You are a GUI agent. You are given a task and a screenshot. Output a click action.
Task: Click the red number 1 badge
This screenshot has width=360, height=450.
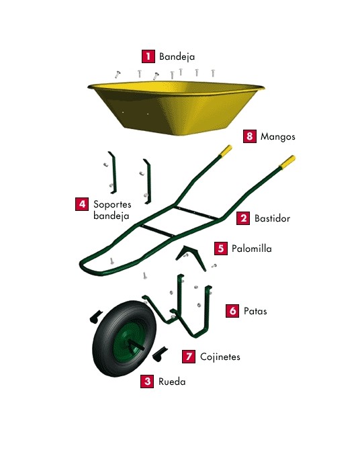147,56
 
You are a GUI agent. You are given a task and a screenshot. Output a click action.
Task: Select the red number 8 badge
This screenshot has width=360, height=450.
249,136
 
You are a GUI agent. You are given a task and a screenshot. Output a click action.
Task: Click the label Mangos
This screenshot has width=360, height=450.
279,136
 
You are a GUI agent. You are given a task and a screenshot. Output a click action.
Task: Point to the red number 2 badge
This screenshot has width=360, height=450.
243,218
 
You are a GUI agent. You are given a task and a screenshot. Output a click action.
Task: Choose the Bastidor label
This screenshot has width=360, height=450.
273,218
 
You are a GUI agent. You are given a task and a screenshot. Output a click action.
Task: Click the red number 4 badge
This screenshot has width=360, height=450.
82,203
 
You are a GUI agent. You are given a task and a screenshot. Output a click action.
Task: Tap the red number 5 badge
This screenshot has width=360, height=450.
220,248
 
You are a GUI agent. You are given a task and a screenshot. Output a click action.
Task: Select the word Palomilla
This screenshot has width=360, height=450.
252,249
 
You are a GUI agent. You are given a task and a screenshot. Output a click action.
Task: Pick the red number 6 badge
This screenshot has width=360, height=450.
232,311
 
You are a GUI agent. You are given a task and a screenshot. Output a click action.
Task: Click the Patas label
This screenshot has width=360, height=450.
257,312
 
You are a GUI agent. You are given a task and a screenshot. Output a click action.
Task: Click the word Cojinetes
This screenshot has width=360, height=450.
220,357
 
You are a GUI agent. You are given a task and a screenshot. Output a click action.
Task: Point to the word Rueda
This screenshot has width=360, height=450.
171,381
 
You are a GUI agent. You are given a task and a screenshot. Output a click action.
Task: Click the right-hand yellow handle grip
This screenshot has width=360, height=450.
287,162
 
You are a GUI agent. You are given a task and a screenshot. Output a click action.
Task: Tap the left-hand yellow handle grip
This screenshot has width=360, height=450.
226,150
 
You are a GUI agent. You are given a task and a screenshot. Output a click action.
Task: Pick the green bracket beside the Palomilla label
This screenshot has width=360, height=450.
191,254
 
